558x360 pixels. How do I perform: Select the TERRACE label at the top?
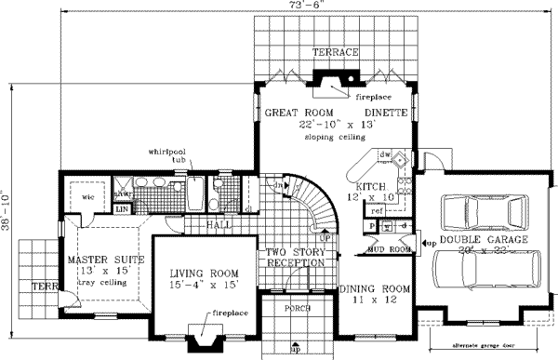pos(335,53)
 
